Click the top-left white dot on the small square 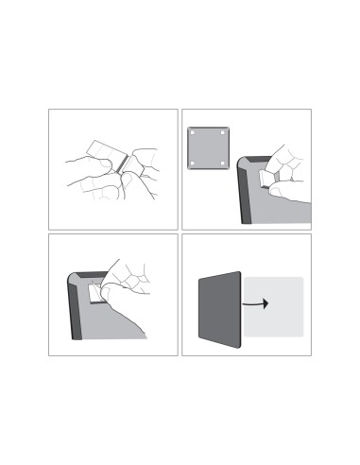(x=193, y=133)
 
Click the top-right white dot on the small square (x=224, y=133)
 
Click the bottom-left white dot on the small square (x=193, y=164)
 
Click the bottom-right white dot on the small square (x=224, y=164)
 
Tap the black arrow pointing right (x=255, y=304)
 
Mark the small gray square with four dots (x=208, y=148)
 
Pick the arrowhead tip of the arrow (x=267, y=304)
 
